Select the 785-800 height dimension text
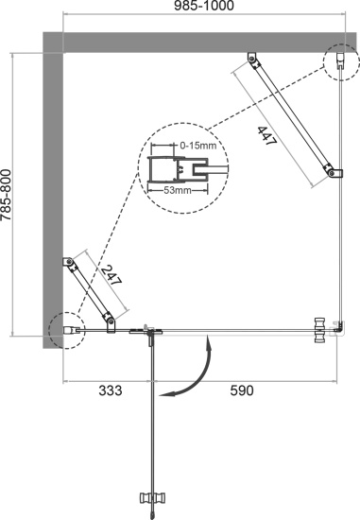[x=9, y=193]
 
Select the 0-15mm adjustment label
[x=199, y=146]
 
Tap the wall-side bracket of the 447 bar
[x=252, y=61]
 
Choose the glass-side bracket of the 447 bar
[x=332, y=171]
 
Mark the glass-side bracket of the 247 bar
[x=112, y=323]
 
